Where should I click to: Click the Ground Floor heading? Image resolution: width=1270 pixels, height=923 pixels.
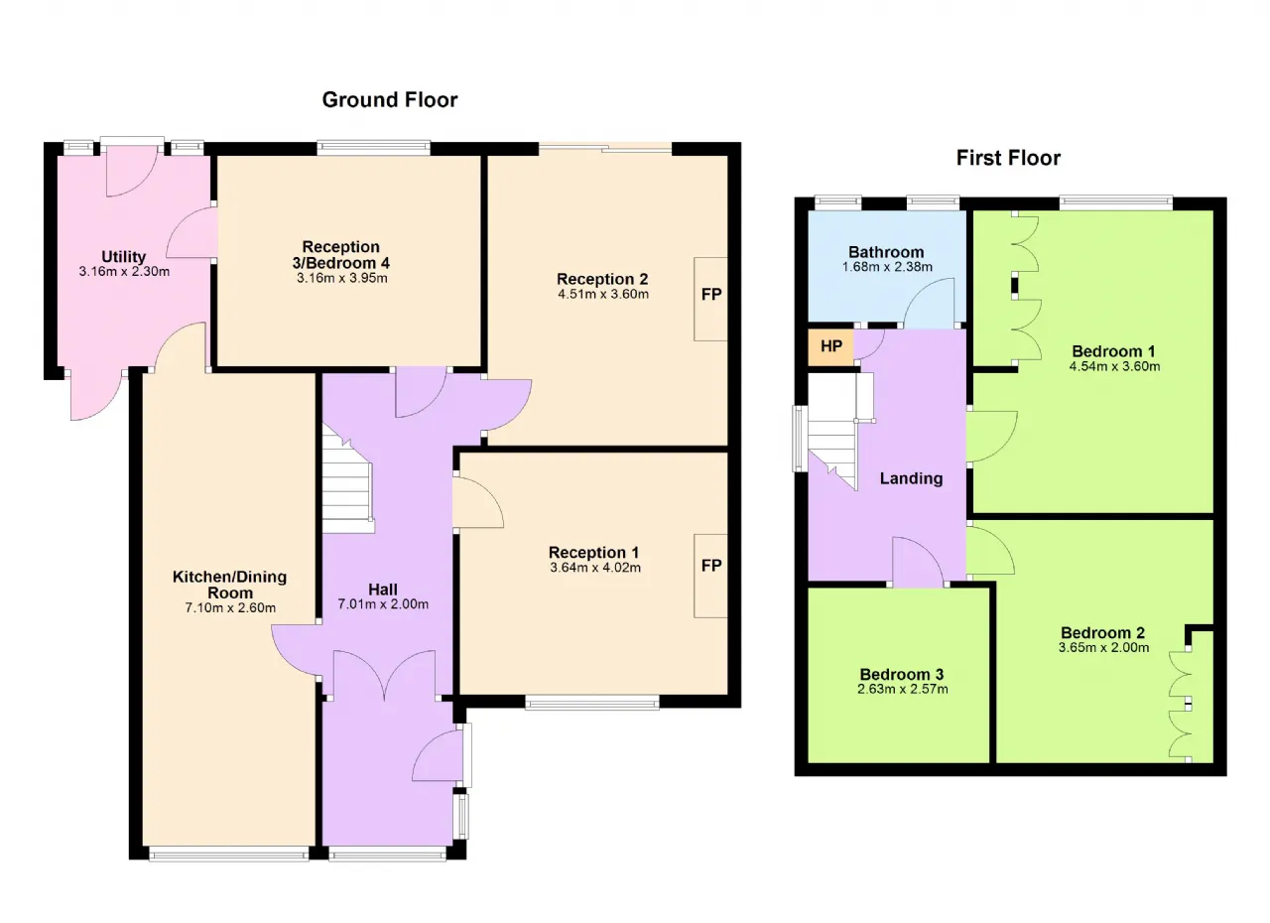(x=390, y=100)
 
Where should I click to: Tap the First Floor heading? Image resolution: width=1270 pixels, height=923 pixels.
(x=1008, y=158)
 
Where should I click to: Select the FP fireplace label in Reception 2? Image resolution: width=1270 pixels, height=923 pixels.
(x=711, y=294)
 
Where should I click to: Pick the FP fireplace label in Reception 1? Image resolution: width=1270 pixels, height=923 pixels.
(x=711, y=566)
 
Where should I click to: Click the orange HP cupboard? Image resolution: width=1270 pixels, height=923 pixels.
(x=830, y=346)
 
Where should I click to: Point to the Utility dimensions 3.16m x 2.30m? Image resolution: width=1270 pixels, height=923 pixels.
(x=124, y=272)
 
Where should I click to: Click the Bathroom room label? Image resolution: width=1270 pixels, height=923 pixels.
(x=886, y=252)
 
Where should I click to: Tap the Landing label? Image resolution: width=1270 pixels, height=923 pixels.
(x=911, y=478)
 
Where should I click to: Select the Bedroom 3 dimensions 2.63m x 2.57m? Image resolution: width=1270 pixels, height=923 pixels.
(x=903, y=689)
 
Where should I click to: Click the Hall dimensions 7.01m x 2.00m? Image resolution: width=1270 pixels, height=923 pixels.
(x=383, y=604)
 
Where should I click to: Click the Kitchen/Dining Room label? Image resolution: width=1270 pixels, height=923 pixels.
(x=229, y=585)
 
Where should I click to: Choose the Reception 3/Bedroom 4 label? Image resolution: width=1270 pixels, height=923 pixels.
(x=340, y=254)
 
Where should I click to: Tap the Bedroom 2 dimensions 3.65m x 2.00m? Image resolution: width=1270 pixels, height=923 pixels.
(x=1104, y=647)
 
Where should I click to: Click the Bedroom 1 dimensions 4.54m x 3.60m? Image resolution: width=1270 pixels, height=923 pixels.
(x=1114, y=366)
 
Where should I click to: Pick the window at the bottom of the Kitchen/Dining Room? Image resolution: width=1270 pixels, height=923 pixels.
(x=229, y=855)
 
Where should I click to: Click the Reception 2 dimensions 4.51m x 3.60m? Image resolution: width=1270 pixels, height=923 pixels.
(x=603, y=294)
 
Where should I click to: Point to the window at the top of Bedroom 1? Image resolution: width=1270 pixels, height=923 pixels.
(x=1115, y=202)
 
